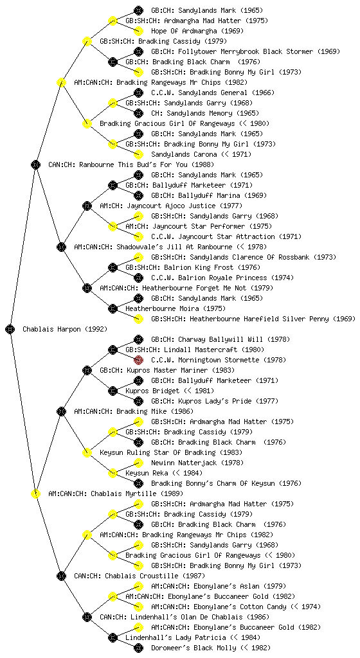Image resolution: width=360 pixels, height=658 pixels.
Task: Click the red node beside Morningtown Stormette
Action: coord(138,360)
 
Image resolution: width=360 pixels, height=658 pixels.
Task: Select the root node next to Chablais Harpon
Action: coord(10,329)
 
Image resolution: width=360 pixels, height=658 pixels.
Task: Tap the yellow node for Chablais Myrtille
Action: coord(35,493)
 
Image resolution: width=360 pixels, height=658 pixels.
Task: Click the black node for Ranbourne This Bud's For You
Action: coord(35,164)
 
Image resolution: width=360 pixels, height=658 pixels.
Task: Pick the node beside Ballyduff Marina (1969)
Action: coord(138,195)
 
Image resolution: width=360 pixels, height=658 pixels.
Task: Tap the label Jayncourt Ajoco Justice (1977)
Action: coord(157,206)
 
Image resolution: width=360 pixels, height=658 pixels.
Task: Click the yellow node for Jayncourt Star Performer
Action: coord(113,226)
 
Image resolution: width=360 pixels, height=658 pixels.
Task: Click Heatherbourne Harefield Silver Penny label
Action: coord(253,319)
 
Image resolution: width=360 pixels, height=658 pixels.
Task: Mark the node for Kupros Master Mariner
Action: coord(87,370)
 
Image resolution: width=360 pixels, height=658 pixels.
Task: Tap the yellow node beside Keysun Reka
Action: coord(113,473)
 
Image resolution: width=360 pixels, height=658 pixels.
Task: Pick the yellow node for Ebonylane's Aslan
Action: coord(138,586)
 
